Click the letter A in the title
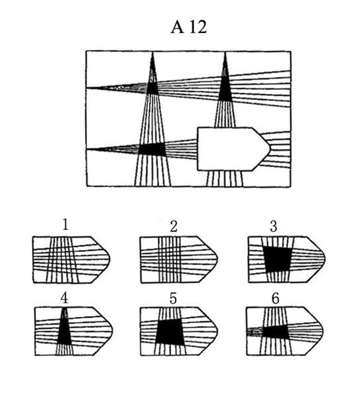pos(177,27)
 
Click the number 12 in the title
pos(198,27)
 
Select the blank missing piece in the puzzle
pos(233,149)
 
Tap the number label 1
pos(66,225)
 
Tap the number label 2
pos(174,226)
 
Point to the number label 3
pos(273,226)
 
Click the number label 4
pos(64,298)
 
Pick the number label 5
pos(173,298)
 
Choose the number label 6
pos(276,298)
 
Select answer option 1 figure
pos(72,260)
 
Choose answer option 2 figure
pos(179,260)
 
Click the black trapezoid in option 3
pos(278,259)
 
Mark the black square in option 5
pos(170,332)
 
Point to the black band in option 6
pos(276,332)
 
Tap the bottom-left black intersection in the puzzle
pos(152,149)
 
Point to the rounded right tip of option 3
pos(325,258)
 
